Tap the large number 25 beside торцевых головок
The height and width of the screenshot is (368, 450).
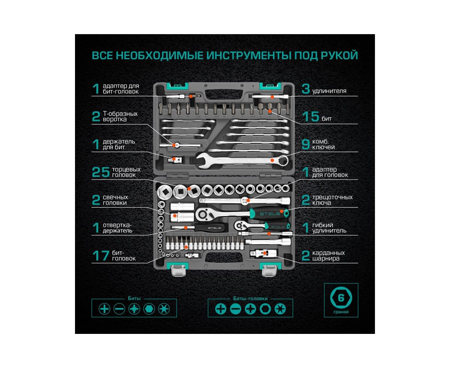click(101, 172)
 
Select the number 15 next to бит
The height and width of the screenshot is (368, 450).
click(310, 117)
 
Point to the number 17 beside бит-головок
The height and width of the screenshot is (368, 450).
click(101, 256)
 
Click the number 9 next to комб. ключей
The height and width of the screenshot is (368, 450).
click(306, 144)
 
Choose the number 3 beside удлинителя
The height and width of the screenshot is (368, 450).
click(306, 89)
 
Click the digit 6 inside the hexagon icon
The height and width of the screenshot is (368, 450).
click(341, 298)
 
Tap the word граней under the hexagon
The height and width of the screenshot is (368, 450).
click(341, 312)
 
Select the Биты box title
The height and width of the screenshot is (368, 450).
click(134, 298)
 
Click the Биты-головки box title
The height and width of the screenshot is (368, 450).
click(250, 299)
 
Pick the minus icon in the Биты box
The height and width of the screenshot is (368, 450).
click(119, 309)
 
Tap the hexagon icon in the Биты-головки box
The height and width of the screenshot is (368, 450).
click(265, 309)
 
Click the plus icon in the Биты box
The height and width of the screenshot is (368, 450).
click(104, 309)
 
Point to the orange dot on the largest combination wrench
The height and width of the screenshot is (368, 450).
click(272, 160)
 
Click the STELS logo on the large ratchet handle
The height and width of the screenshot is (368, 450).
click(270, 214)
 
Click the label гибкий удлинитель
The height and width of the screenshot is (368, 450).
click(329, 228)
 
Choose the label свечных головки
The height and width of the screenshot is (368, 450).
click(115, 200)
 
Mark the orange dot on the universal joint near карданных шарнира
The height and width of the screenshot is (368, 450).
click(265, 253)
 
